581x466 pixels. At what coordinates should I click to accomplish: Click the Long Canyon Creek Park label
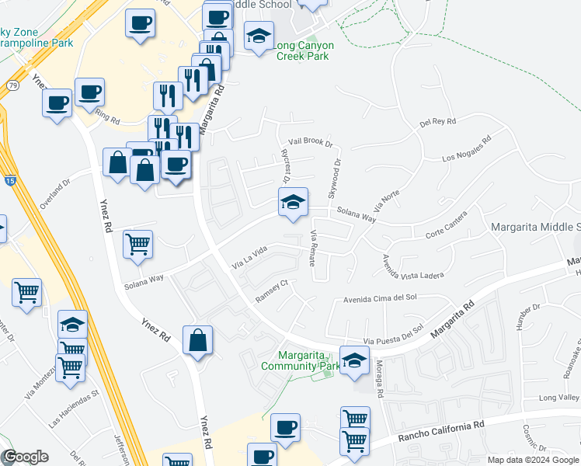pyautogui.click(x=303, y=51)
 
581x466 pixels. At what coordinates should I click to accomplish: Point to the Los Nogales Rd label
pyautogui.click(x=467, y=151)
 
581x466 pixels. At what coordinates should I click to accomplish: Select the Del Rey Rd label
pyautogui.click(x=437, y=122)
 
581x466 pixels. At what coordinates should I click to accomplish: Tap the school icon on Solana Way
pyautogui.click(x=293, y=203)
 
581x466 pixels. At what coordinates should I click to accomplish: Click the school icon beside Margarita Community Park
pyautogui.click(x=354, y=360)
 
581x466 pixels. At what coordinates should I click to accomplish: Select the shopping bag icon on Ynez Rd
pyautogui.click(x=198, y=340)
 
